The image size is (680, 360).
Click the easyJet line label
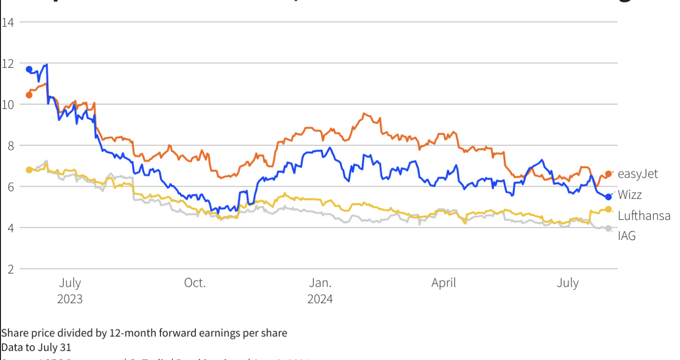point(638,174)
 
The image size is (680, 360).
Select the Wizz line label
point(630,195)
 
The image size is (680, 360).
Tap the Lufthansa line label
point(644,216)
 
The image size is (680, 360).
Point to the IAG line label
point(627,236)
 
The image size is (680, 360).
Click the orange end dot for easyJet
point(608,174)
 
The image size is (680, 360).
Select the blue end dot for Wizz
point(608,197)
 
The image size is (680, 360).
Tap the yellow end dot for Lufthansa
point(608,209)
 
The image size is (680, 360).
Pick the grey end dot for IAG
point(608,228)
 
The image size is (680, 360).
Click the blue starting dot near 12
point(29,69)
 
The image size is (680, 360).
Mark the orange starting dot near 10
point(29,95)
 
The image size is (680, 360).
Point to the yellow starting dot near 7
point(29,170)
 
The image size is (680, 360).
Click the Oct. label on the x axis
point(195,283)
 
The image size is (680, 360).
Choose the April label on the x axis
point(443,283)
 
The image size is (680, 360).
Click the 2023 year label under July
point(70,299)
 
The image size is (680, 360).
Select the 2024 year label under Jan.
point(320,299)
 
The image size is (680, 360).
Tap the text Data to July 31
point(36,347)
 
